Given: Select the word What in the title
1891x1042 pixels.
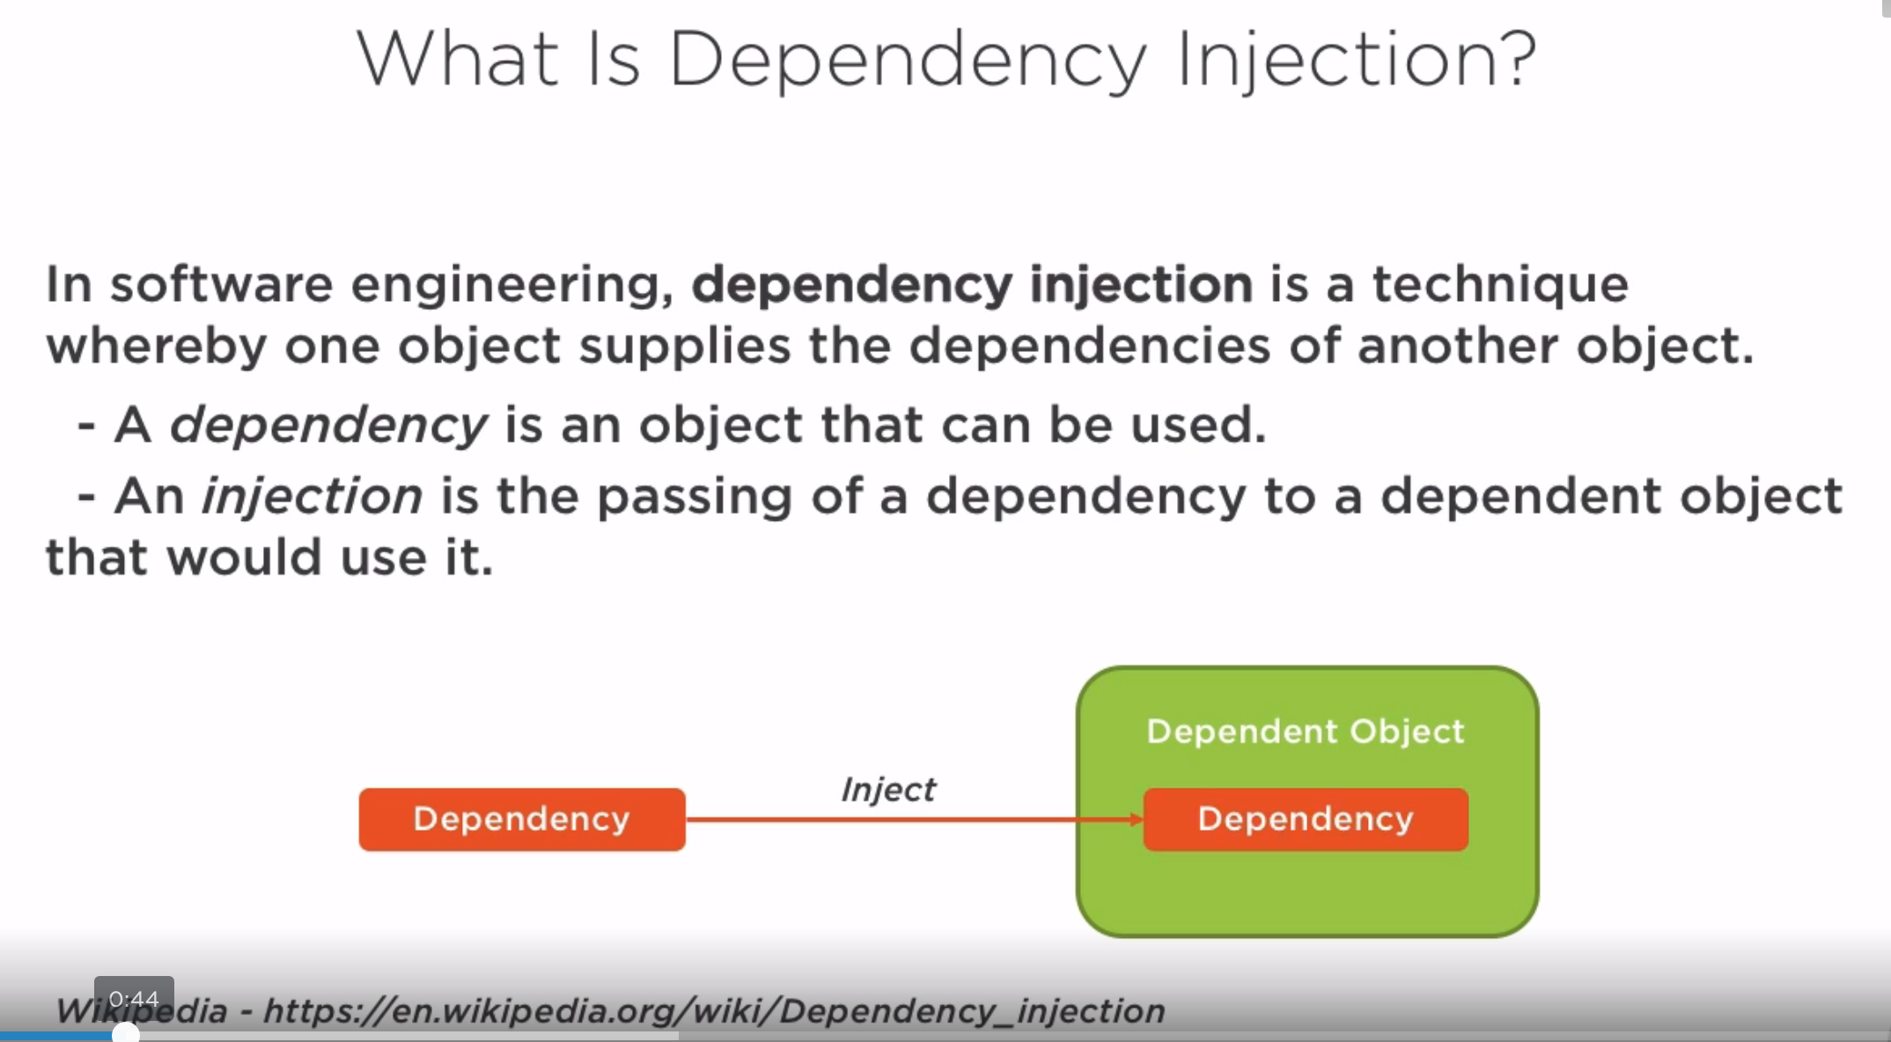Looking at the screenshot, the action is pos(457,58).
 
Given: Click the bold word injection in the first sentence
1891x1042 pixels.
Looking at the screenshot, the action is pos(1141,285).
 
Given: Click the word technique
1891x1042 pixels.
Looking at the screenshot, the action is pos(1500,285).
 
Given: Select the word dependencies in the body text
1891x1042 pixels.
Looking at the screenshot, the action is pos(1090,345).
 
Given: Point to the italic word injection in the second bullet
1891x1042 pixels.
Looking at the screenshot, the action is pos(313,497).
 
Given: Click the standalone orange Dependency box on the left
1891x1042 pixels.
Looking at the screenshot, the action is pos(522,819).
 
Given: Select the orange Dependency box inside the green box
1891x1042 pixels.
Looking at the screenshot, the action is pos(1306,819).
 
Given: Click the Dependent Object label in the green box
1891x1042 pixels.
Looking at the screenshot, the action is pos(1306,731).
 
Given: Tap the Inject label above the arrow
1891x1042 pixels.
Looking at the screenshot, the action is pos(888,789).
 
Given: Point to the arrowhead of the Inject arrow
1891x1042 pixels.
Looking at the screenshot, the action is pos(1137,819).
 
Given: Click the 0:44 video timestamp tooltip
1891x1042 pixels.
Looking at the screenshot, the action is pos(134,999).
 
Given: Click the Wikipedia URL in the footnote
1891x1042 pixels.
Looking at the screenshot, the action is pos(714,1011).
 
